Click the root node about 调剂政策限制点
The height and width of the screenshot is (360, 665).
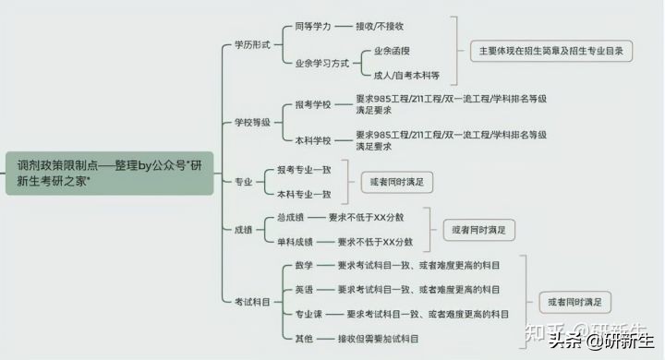coord(109,173)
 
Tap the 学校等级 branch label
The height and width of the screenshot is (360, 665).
coord(252,121)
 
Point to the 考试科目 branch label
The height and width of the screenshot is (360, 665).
coord(252,302)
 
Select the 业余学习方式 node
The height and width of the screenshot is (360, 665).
coord(321,64)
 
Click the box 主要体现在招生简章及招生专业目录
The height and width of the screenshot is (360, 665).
coord(550,51)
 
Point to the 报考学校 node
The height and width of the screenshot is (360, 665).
coord(311,103)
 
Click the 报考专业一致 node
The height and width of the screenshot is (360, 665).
coord(304,171)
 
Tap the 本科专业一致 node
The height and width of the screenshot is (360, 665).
coord(304,194)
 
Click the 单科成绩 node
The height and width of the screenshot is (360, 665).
coord(296,242)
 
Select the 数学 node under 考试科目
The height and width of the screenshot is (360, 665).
coord(304,266)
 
